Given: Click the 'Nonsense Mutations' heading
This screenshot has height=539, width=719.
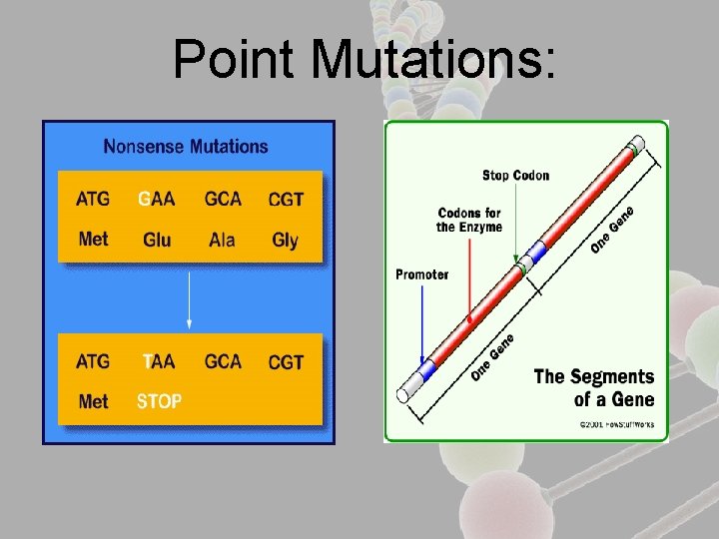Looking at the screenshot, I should [186, 147].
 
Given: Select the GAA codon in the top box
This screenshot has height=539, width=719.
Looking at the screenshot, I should [157, 199].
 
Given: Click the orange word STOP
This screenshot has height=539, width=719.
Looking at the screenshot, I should [159, 401].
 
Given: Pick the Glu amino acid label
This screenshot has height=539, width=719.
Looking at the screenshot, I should [157, 240].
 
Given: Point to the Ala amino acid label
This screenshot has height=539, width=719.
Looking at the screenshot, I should [222, 240].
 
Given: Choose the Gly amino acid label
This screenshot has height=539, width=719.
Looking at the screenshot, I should [285, 240].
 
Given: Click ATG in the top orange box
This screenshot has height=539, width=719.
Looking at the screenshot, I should [93, 199].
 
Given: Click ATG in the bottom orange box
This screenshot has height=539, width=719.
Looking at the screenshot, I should [93, 361].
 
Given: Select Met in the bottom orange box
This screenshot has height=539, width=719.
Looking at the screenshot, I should [93, 401].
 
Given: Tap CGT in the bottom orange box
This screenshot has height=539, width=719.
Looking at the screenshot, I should [286, 362].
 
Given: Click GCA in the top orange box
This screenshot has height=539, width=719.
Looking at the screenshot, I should [223, 199].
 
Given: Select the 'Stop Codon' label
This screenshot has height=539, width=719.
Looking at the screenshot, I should [515, 176].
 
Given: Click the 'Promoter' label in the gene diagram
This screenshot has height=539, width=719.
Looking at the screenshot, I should [421, 274].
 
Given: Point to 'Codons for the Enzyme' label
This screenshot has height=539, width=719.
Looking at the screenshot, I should [469, 220].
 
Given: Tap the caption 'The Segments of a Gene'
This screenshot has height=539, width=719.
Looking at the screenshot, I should [594, 387].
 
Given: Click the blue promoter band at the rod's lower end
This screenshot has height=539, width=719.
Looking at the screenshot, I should [427, 370].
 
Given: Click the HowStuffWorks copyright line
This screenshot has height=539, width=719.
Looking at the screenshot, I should [617, 424].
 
